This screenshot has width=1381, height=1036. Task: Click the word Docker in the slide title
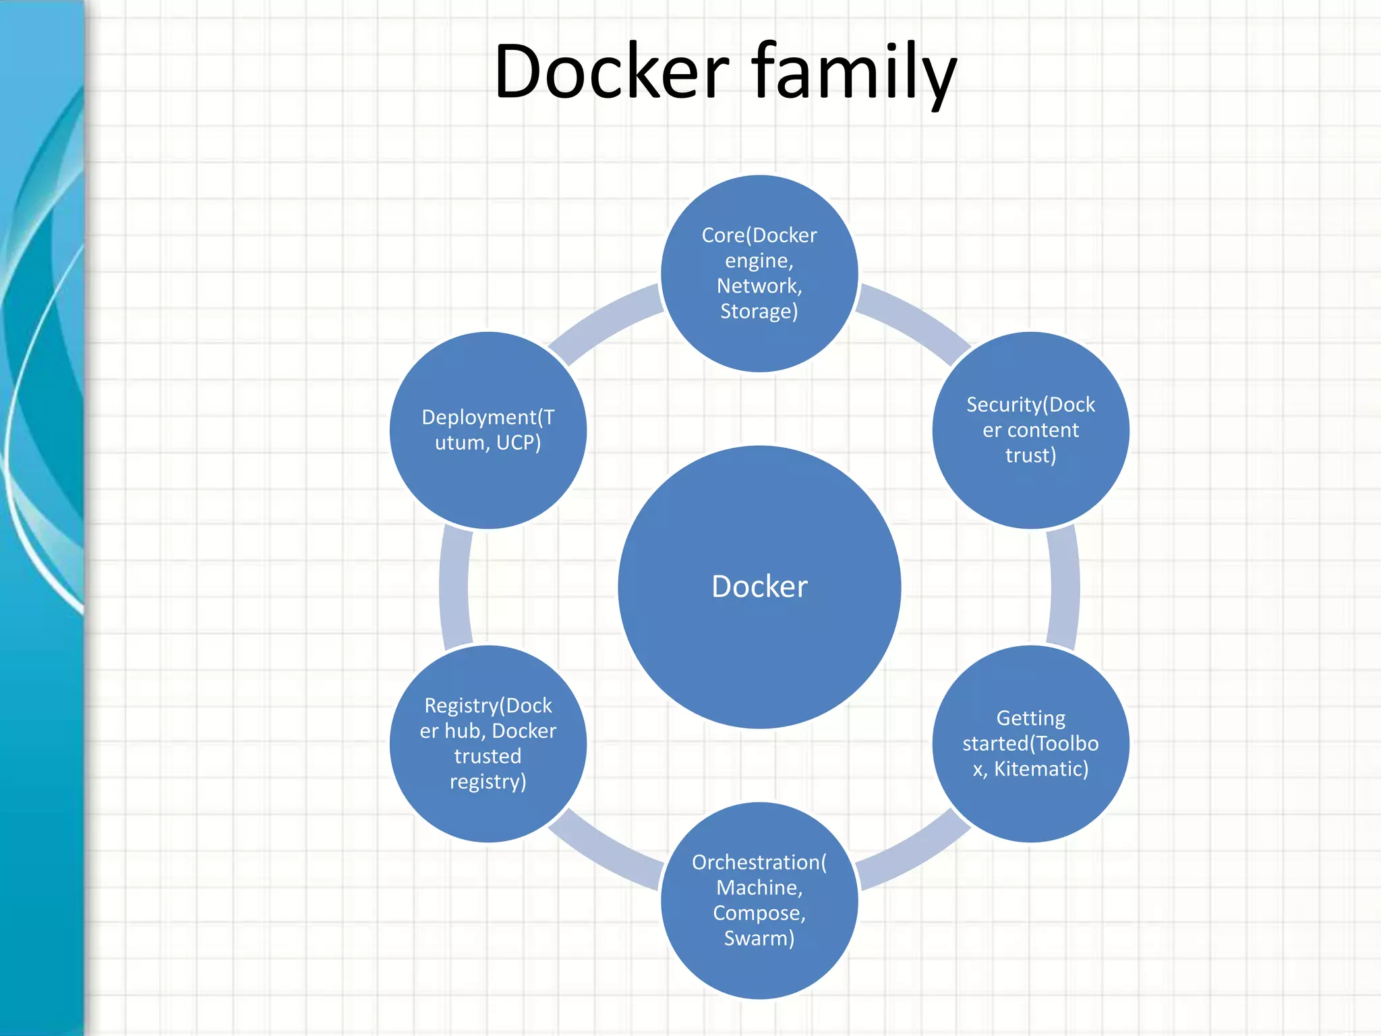point(611,71)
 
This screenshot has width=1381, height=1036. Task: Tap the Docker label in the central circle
point(759,586)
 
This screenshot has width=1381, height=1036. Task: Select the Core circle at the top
point(759,272)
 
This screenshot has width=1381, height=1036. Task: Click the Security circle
point(1030,430)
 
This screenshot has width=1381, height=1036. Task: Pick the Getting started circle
point(1030,743)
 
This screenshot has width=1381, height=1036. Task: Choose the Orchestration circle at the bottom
point(759,900)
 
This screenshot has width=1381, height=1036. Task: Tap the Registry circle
point(488,743)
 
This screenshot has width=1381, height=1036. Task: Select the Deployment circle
point(488,430)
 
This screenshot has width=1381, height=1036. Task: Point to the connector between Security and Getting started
point(1064,587)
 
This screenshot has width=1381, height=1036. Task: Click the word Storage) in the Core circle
point(759,312)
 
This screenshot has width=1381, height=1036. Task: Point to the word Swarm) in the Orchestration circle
point(759,938)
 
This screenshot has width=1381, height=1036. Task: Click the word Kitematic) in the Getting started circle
point(1041,769)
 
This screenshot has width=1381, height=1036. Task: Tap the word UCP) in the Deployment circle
point(519,442)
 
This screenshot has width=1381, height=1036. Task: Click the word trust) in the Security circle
point(1030,455)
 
